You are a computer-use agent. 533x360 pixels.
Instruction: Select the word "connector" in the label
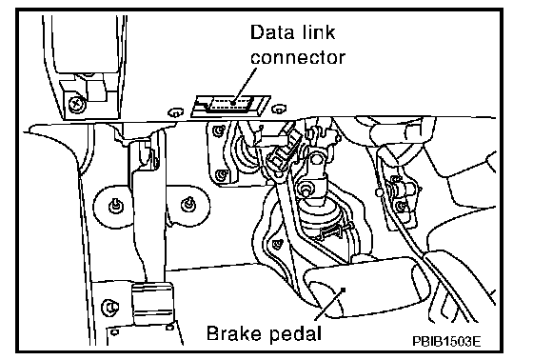click(298, 57)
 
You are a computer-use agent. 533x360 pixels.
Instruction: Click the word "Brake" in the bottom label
click(235, 333)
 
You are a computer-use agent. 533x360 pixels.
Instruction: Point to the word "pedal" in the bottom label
click(296, 334)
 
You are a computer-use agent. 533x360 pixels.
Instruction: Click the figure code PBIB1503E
click(446, 341)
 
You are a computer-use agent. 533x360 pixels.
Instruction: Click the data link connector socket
click(230, 104)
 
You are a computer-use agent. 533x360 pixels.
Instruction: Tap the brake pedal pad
click(363, 288)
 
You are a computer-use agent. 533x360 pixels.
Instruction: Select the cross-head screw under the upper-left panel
click(76, 102)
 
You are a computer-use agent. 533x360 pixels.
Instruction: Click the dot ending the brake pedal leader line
click(343, 290)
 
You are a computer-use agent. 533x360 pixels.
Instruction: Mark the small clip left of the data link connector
click(175, 112)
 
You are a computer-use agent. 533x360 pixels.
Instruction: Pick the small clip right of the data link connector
click(279, 109)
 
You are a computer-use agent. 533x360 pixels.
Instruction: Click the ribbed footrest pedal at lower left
click(152, 303)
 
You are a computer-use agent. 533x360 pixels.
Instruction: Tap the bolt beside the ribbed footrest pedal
click(109, 308)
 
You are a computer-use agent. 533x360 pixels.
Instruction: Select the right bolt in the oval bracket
click(188, 204)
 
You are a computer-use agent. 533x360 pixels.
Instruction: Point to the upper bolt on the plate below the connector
click(218, 130)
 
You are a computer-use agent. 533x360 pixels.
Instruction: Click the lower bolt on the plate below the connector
click(222, 175)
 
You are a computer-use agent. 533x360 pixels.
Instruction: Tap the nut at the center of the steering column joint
click(305, 190)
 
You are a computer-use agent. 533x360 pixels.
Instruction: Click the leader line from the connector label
click(245, 85)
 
